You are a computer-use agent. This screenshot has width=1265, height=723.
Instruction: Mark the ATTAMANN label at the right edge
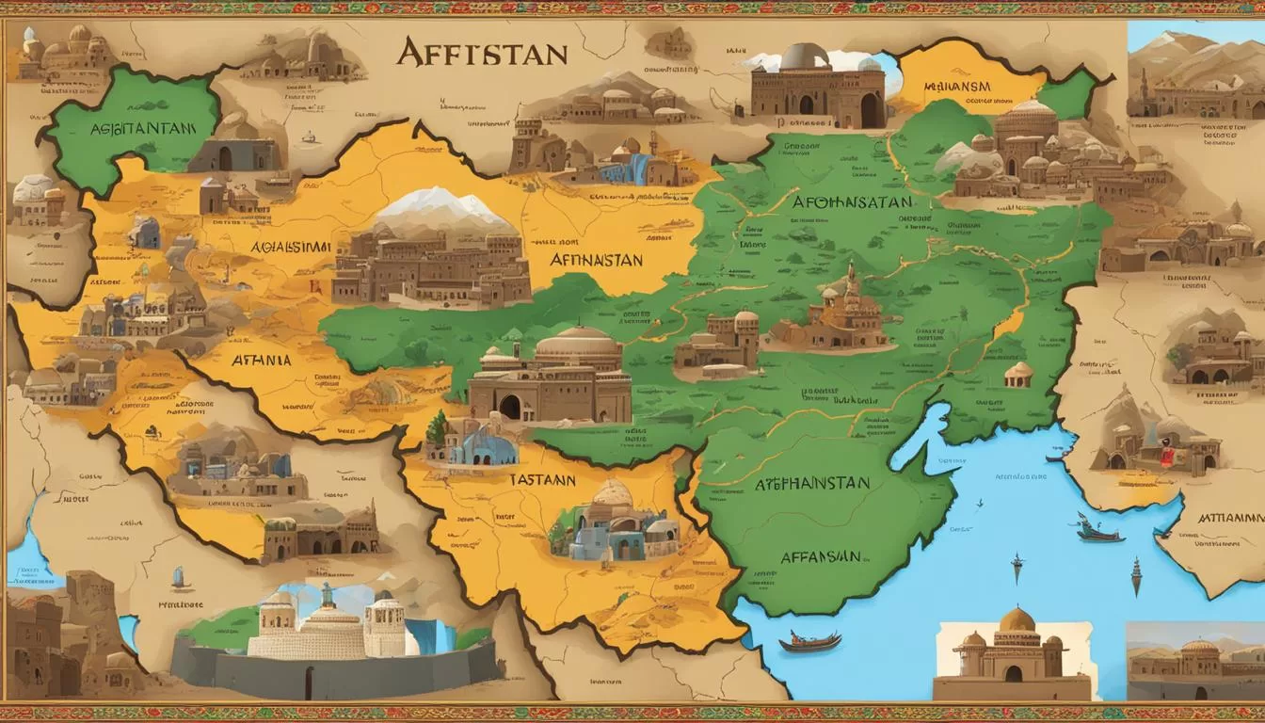pos(1230,517)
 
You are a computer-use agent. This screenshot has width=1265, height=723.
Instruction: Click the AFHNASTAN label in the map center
pos(596,260)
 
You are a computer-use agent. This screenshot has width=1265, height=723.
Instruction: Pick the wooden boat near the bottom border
pos(811,642)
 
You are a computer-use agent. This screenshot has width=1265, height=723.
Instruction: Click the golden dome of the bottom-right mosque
pos(1017,619)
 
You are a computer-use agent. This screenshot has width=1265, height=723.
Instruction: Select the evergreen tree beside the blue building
pos(436,429)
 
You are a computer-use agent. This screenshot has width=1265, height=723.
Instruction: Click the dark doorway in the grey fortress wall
pos(309,675)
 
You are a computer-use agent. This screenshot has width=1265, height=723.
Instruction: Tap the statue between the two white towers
pos(327,595)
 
